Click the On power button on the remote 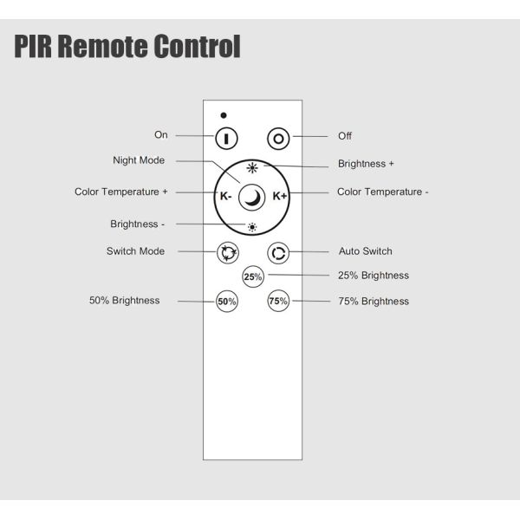click(227, 137)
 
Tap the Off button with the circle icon click(278, 137)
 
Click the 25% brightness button click(252, 277)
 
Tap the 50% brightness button click(227, 302)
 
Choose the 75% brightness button click(278, 302)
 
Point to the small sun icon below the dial click(252, 227)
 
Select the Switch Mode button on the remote click(227, 252)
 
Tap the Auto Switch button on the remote click(278, 252)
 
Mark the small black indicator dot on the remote click(223, 114)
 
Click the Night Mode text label click(139, 160)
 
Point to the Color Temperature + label click(120, 192)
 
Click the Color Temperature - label click(382, 192)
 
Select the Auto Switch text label click(365, 251)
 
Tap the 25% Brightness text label click(373, 276)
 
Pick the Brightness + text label click(366, 163)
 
